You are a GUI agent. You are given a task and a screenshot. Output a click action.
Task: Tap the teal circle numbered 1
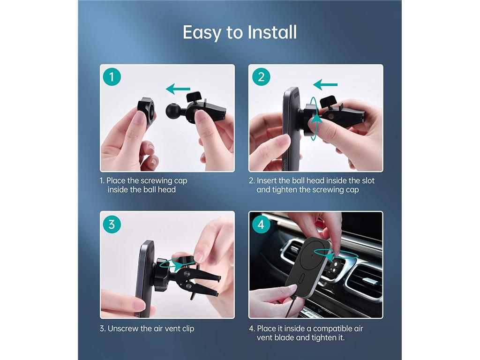coord(112,76)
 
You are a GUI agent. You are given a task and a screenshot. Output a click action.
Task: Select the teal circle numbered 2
coord(261,76)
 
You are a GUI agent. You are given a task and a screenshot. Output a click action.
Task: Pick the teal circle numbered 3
coord(112,225)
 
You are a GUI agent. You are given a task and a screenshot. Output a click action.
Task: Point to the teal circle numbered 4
coord(261,225)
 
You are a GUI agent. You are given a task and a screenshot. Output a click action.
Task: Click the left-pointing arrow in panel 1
coord(178,89)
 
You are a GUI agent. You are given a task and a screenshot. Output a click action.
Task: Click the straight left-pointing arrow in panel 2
coord(325,84)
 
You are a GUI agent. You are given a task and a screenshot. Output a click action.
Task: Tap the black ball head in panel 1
coord(173,111)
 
